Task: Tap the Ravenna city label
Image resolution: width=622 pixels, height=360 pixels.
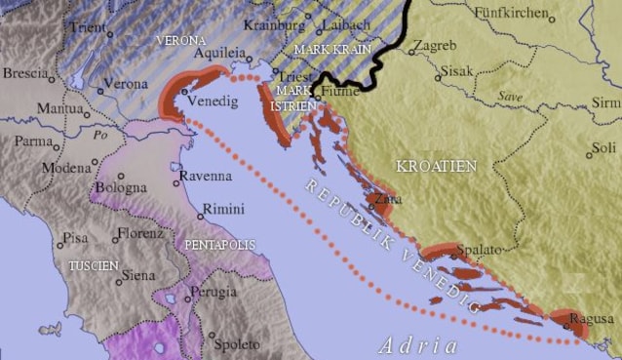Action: (206, 177)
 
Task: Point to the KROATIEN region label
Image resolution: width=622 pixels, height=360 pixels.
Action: (436, 166)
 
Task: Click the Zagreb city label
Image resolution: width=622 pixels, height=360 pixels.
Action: (434, 46)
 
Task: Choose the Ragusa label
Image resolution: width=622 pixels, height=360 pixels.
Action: (593, 318)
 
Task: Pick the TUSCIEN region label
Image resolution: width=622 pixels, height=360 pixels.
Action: (92, 265)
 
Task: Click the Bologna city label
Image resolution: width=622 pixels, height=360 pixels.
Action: (121, 187)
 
